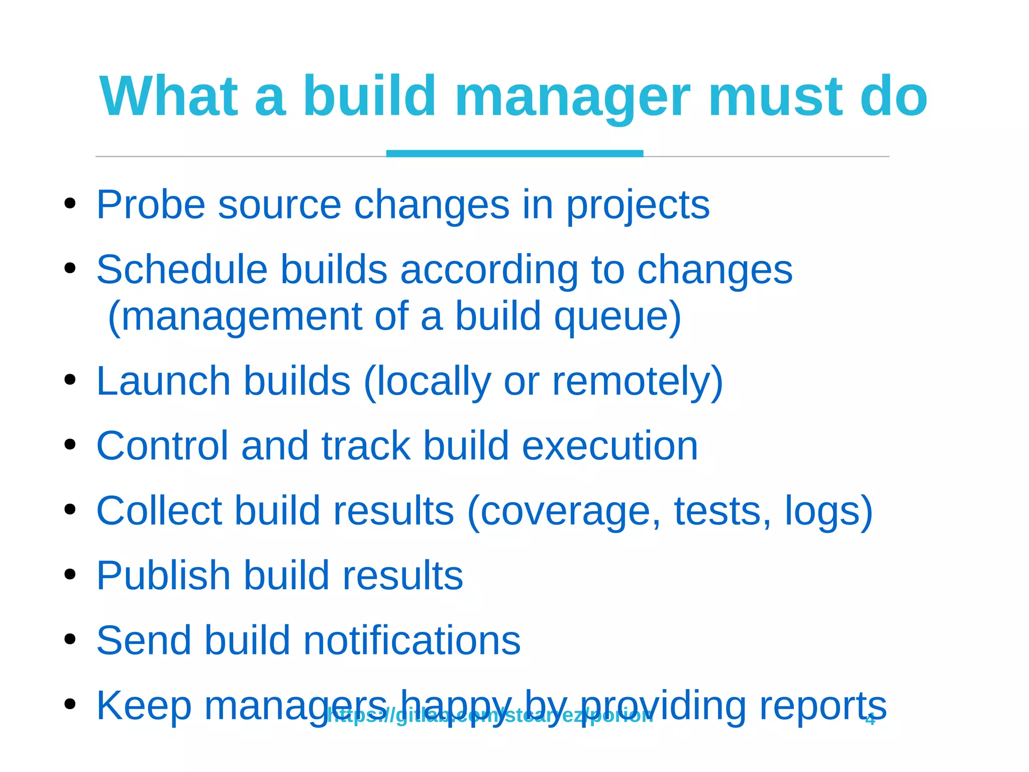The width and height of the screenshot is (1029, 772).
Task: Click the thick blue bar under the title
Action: click(x=514, y=153)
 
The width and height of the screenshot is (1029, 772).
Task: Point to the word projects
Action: click(x=638, y=206)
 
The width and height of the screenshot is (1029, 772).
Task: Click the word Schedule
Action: click(x=181, y=270)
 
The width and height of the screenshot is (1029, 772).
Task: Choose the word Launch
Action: click(x=163, y=381)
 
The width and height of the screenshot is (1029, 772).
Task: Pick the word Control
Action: click(x=162, y=446)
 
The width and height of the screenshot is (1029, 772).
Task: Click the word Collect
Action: click(x=159, y=511)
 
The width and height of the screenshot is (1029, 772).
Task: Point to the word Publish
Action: click(x=163, y=576)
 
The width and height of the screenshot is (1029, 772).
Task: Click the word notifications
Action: click(x=412, y=640)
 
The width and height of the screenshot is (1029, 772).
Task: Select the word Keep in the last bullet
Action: click(x=144, y=705)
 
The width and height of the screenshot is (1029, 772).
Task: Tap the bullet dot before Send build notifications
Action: click(x=70, y=639)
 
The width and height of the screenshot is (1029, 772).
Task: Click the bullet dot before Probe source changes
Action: click(x=70, y=204)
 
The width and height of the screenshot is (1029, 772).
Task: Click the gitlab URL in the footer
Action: click(x=490, y=716)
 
